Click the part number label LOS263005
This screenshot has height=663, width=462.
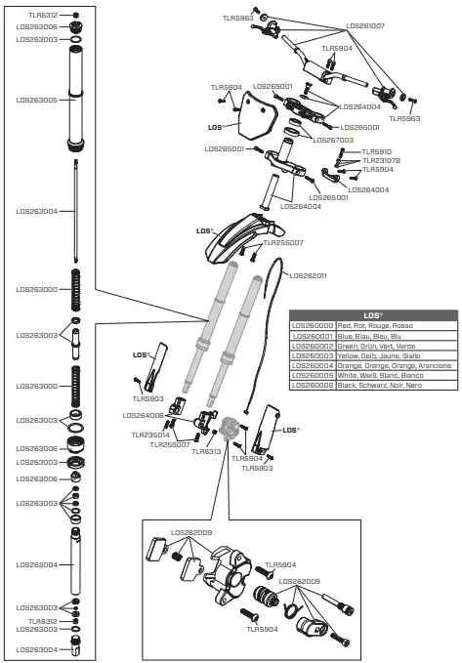36,100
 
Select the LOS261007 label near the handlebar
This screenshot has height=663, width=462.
365,26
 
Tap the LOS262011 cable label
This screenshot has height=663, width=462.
309,275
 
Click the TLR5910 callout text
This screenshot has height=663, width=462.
377,151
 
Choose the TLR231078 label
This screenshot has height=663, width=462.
381,160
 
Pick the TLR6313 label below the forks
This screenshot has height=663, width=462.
207,452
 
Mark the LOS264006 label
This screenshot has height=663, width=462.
144,415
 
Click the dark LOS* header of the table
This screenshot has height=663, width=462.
372,314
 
